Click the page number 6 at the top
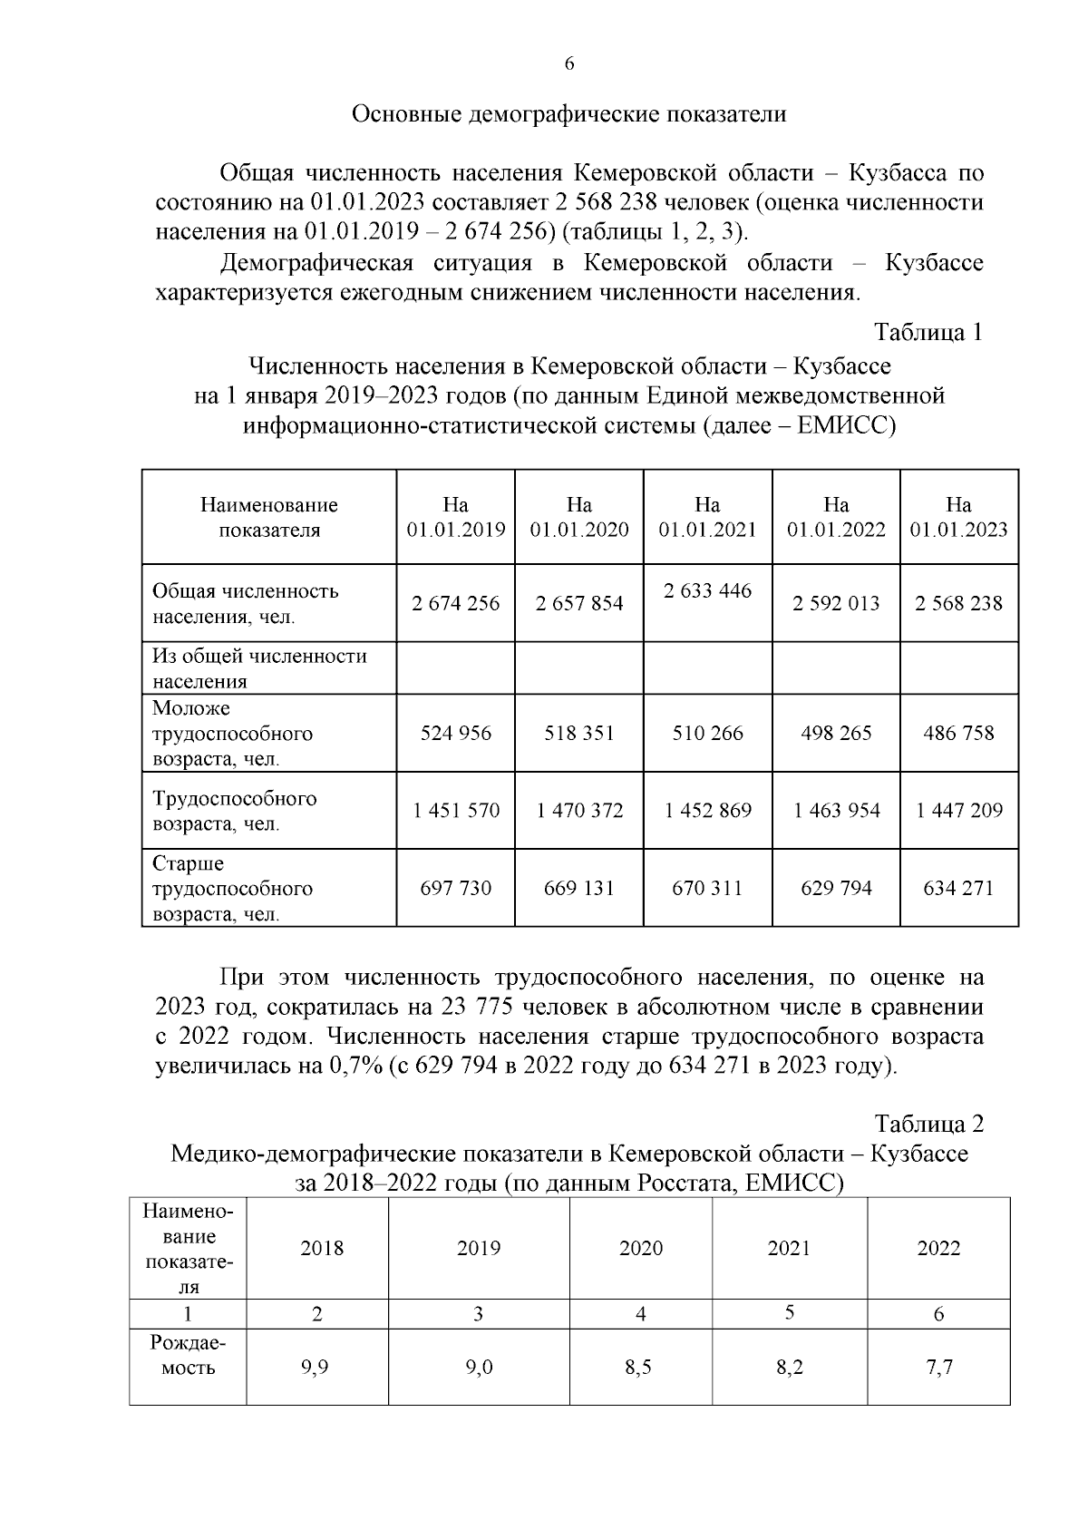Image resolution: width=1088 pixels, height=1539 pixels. click(x=568, y=63)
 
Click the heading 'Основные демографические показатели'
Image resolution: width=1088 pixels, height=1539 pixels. click(x=568, y=114)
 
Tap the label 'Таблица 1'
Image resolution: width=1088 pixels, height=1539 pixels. click(x=928, y=333)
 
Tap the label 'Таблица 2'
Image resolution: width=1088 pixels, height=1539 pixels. click(x=928, y=1125)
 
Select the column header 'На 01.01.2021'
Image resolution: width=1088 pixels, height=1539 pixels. click(x=707, y=517)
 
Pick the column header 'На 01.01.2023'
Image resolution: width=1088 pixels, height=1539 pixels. click(x=958, y=517)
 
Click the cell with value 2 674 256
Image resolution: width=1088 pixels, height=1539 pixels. click(x=455, y=603)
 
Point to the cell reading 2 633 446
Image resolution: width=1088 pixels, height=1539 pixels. click(x=707, y=591)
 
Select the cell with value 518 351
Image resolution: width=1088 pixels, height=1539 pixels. click(x=578, y=733)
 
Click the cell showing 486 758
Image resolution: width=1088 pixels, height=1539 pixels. click(x=958, y=733)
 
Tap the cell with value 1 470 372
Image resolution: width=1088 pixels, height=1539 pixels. click(x=578, y=811)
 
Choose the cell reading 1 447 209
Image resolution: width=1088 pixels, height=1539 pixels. click(x=958, y=811)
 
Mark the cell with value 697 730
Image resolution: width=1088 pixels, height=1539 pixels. click(x=455, y=888)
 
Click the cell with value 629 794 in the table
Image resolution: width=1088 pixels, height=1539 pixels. click(x=836, y=888)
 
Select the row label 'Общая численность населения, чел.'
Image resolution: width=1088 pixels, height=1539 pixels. click(x=245, y=604)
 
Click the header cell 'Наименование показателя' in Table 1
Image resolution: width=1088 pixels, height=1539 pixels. click(x=268, y=517)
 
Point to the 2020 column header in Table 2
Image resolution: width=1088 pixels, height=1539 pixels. click(x=640, y=1249)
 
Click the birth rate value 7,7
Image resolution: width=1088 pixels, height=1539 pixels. click(x=939, y=1368)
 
